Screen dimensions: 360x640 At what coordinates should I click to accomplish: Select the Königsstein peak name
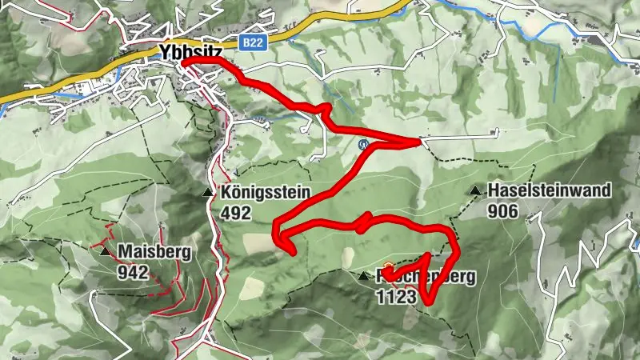point(266,193)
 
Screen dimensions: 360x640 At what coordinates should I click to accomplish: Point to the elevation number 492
point(237,213)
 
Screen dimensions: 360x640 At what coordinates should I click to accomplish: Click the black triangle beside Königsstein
point(209,193)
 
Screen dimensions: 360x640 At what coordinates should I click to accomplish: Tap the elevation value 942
point(133,273)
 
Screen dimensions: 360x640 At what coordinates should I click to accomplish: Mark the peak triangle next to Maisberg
point(106,252)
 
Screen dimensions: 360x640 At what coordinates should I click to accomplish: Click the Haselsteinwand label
point(550,190)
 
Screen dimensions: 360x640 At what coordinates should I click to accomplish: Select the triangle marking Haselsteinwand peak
point(476,190)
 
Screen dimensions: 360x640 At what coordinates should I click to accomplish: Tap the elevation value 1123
point(395,297)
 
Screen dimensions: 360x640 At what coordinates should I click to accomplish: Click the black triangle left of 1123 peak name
point(364,277)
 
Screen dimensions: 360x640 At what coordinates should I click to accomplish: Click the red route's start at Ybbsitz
point(184,62)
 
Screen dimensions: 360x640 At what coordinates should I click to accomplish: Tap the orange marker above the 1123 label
point(389,268)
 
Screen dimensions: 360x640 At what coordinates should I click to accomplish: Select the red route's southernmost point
point(427,302)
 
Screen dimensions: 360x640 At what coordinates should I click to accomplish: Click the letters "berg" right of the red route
point(458,278)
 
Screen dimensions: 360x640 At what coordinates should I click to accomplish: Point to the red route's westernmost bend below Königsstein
point(275,234)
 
